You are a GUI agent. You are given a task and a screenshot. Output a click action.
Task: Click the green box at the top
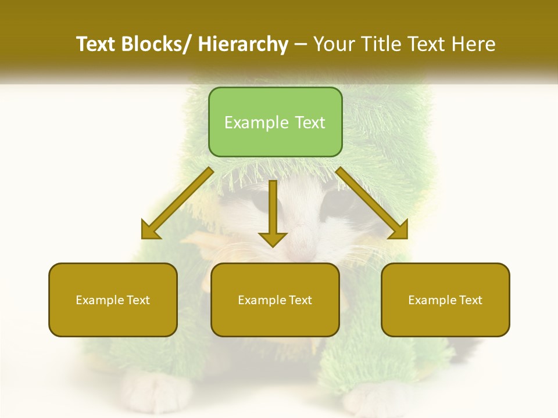275,122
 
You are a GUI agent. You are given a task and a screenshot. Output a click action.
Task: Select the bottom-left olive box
113,300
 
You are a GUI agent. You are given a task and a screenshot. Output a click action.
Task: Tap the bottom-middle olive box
275,300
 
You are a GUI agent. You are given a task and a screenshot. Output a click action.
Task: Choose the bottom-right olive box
445,300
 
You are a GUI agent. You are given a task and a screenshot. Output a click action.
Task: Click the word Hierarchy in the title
243,44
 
